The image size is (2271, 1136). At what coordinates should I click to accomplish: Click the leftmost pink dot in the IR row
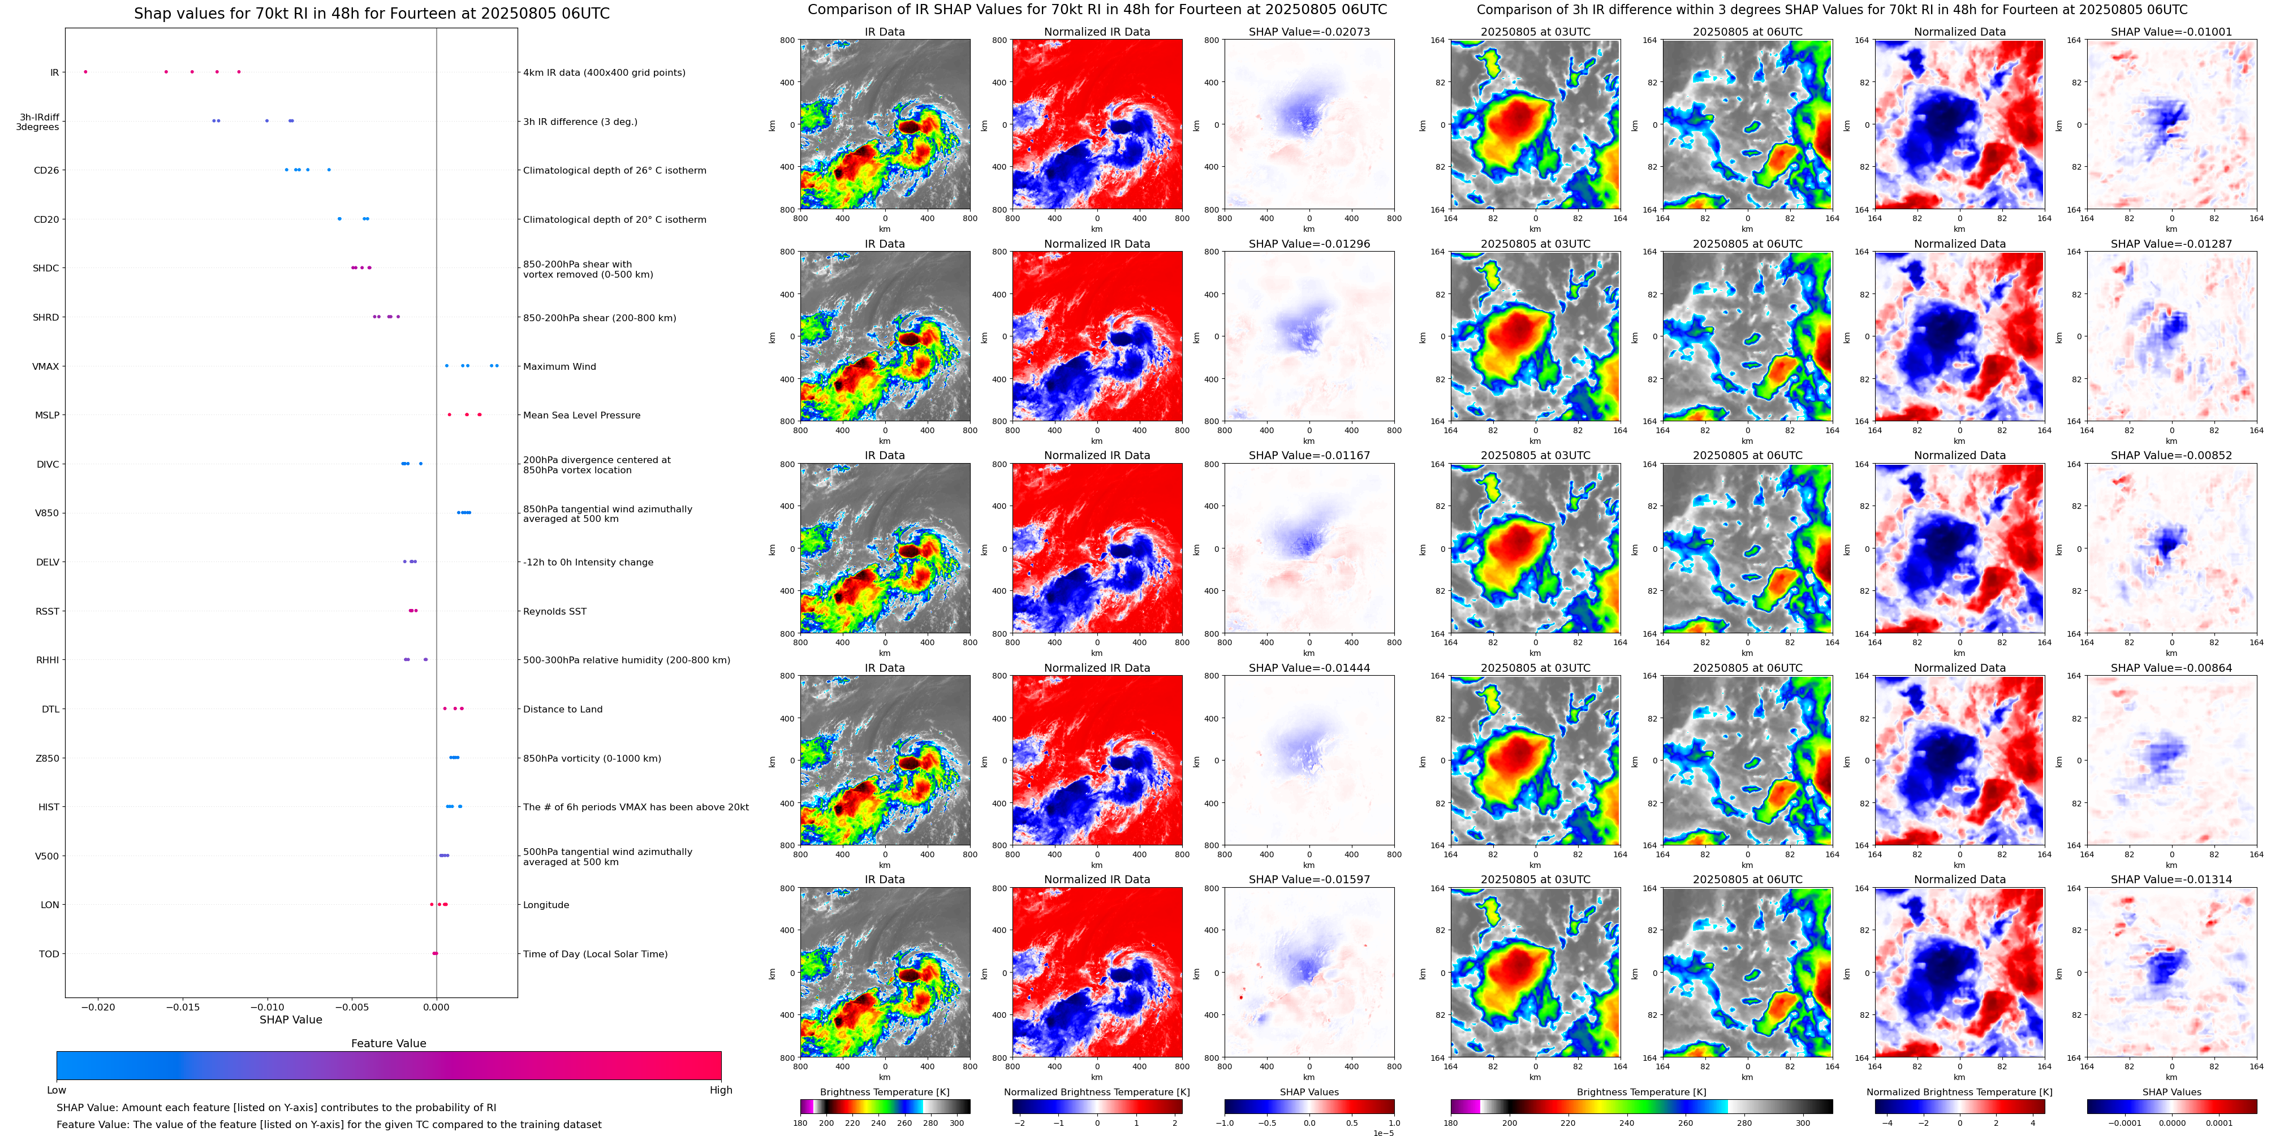85,71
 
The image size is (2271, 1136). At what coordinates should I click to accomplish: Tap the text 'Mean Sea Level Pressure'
581,415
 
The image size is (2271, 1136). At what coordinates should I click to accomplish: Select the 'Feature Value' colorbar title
388,1043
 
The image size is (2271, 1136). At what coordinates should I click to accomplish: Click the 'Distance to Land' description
562,710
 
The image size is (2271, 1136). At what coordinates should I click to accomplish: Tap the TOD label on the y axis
49,953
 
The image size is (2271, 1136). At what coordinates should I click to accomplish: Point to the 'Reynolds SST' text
554,612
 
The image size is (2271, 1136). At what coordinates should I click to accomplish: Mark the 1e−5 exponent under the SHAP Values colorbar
1382,1133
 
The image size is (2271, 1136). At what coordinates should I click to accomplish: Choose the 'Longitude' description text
546,905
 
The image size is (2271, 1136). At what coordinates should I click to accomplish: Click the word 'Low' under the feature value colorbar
57,1090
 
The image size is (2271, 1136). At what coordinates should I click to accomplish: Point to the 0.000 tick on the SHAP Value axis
437,1007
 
